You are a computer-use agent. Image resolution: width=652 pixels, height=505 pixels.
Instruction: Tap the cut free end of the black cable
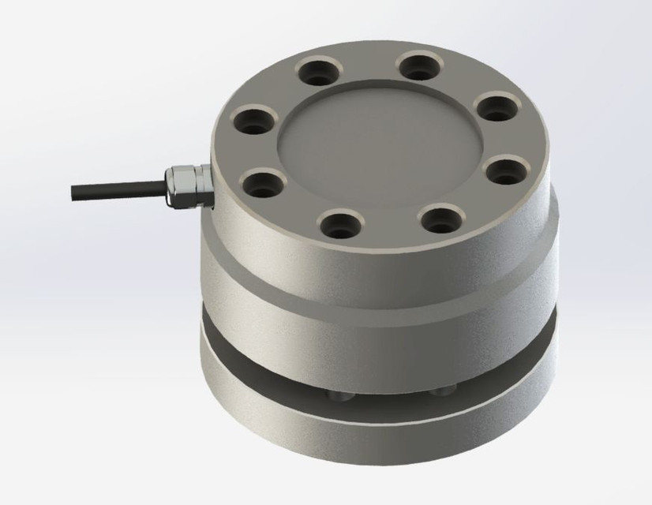point(73,190)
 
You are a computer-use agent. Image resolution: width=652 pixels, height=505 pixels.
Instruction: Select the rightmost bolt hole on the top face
point(500,169)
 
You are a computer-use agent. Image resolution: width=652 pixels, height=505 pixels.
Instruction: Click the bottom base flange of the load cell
point(379,446)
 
